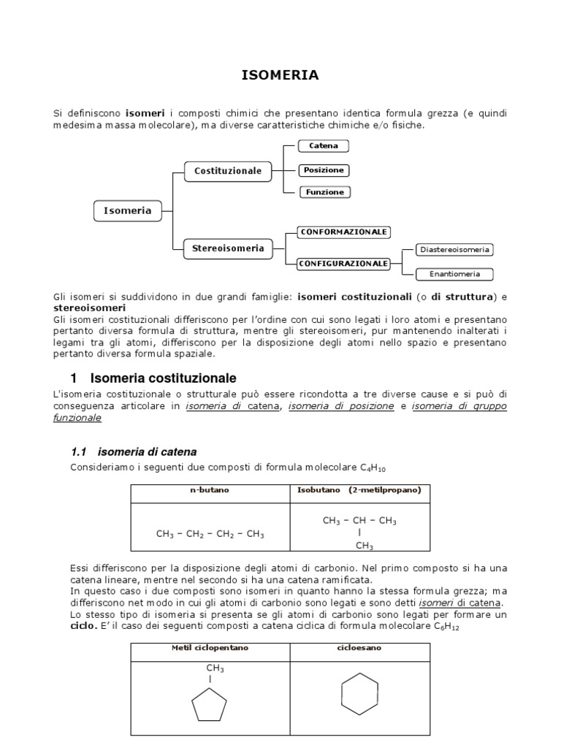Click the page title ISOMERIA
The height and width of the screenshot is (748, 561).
point(280,75)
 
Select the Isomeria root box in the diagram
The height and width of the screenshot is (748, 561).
point(127,210)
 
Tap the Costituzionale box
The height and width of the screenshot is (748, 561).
point(227,171)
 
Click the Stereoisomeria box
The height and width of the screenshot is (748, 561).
point(227,248)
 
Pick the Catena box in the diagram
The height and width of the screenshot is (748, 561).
point(324,146)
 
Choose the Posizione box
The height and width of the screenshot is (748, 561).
point(324,170)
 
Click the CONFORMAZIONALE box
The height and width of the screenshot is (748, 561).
point(343,232)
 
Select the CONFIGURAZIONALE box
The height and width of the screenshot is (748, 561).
point(343,263)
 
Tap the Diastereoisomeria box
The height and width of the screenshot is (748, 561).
point(454,250)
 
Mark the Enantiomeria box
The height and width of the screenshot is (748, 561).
point(454,275)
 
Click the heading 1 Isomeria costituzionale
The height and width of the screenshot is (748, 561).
point(153,378)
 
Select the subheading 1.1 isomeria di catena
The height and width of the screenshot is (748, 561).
point(134,451)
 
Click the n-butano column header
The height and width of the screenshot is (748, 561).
point(210,490)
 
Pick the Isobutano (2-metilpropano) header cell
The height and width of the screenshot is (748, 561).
point(359,490)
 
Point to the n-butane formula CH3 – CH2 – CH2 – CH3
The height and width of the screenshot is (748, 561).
point(210,534)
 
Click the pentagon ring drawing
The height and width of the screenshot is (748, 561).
point(210,706)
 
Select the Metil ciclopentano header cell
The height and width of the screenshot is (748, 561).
point(210,648)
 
